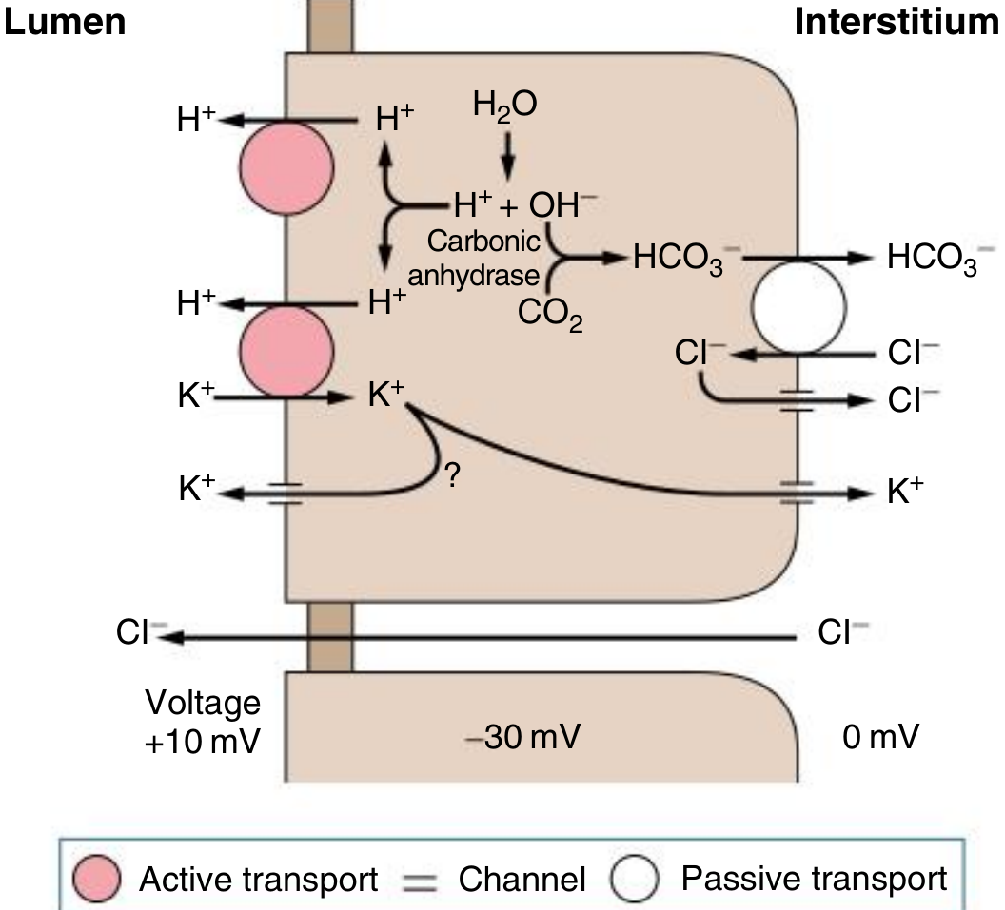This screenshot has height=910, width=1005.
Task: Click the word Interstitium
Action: point(898,22)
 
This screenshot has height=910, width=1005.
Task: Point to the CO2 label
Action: point(550,315)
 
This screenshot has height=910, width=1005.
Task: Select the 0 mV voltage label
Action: point(881,736)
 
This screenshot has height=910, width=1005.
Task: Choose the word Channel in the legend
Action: point(522,880)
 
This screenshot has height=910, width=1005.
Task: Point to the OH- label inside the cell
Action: point(563,203)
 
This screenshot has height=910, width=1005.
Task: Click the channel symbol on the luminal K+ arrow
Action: point(286,492)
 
